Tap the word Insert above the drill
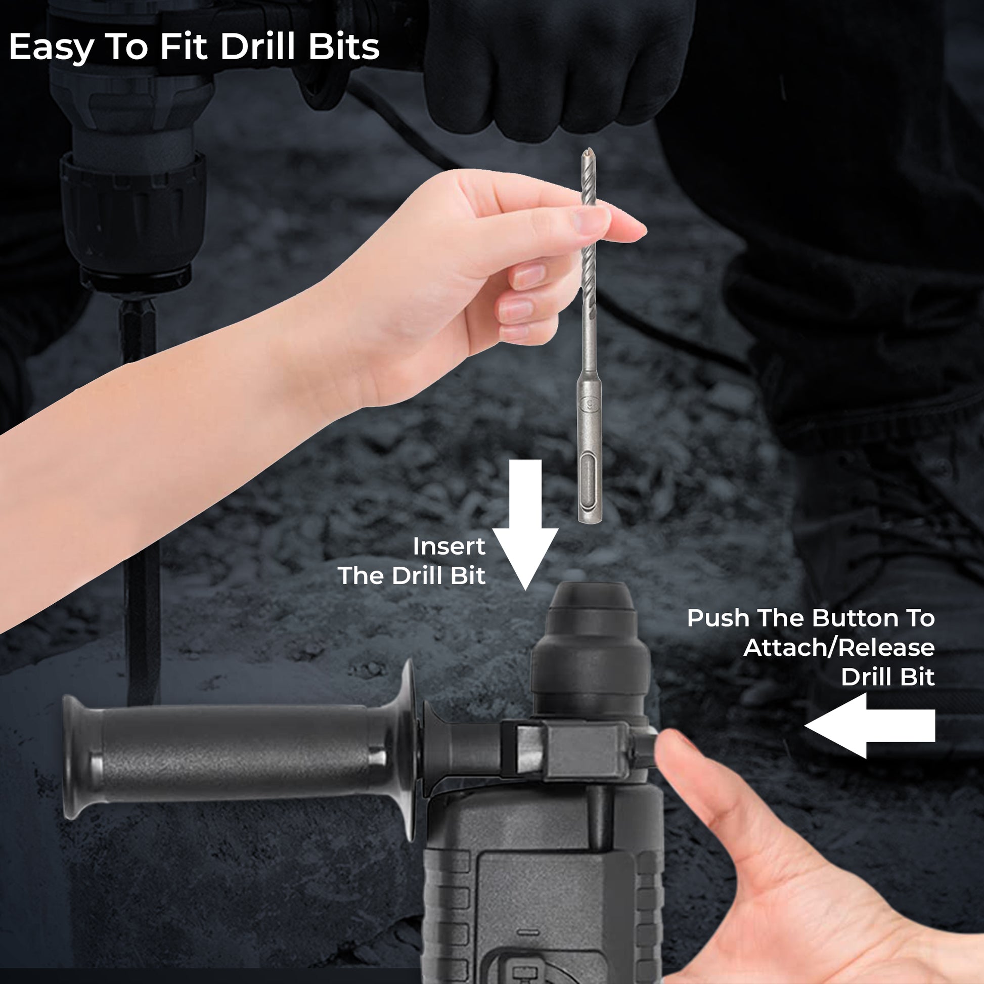(x=449, y=547)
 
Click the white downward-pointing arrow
(x=525, y=524)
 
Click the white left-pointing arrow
(x=870, y=725)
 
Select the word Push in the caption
(x=719, y=618)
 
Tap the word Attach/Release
(x=839, y=648)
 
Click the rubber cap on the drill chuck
(x=592, y=603)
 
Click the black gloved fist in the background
(x=555, y=66)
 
